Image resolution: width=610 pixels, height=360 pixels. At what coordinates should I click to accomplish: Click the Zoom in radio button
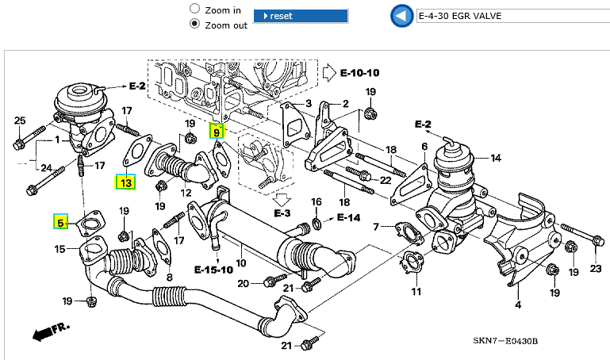[194, 9]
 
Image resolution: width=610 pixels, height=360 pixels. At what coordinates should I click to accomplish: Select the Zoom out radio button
[194, 24]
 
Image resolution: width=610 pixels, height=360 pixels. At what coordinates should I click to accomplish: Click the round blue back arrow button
[401, 15]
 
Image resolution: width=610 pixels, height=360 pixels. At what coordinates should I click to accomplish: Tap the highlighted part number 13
[126, 182]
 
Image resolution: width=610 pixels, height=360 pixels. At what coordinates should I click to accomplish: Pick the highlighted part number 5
[60, 224]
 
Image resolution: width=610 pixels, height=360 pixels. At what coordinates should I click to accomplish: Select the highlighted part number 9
[216, 131]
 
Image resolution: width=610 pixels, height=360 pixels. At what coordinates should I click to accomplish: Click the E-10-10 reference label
[359, 73]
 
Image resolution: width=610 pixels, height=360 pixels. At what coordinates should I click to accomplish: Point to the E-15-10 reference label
[213, 270]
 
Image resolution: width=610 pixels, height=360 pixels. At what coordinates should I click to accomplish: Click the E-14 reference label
[348, 217]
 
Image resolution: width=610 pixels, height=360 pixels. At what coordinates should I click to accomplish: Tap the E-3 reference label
[283, 213]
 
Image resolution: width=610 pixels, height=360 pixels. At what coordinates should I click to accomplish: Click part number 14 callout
[495, 158]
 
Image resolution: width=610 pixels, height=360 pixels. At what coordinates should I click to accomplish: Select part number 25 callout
[20, 121]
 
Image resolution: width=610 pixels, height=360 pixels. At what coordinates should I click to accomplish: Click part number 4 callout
[517, 304]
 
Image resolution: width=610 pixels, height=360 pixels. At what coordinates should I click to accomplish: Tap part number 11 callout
[415, 292]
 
